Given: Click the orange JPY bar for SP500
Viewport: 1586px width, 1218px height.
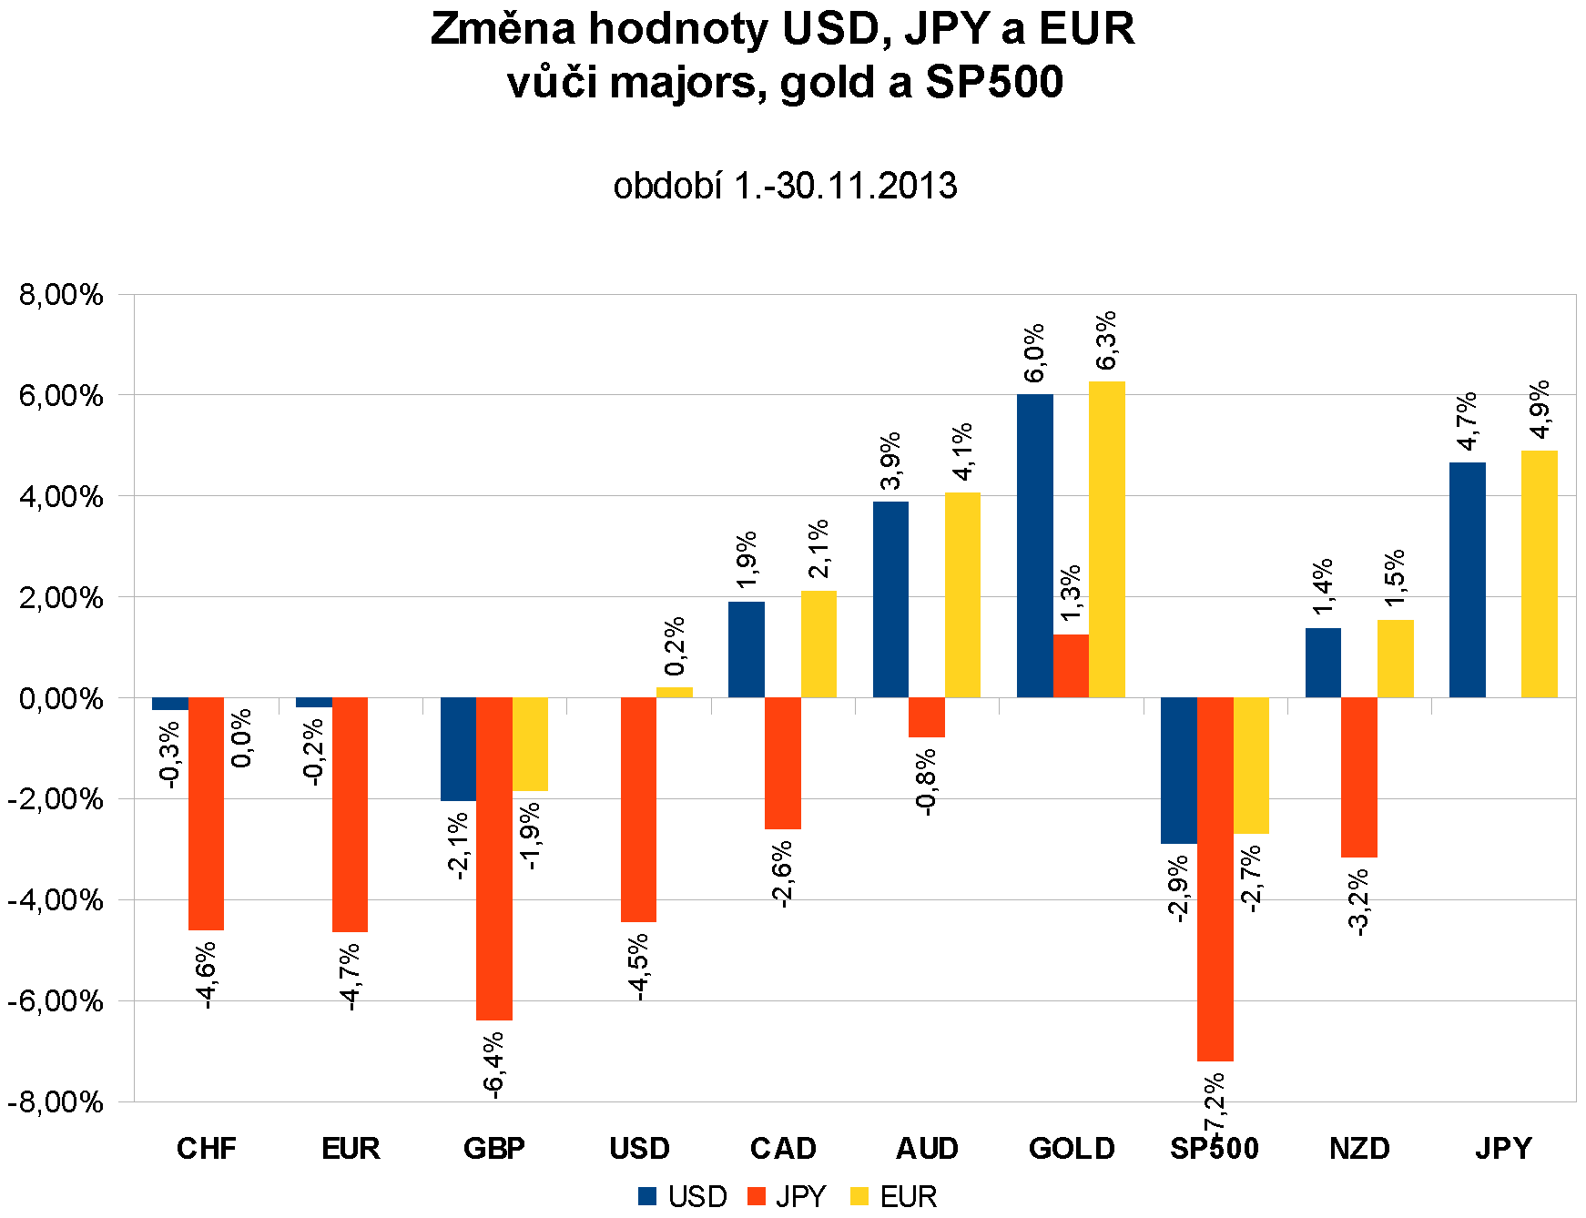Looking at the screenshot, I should (x=1215, y=878).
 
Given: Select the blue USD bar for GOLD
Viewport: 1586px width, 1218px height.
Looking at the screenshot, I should (x=1034, y=546).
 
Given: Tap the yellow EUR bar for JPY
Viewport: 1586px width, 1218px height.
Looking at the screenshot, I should (x=1539, y=573).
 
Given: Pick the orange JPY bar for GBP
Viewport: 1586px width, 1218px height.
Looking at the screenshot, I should (x=494, y=858).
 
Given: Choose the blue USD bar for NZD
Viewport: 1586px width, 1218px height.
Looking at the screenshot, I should (x=1323, y=663).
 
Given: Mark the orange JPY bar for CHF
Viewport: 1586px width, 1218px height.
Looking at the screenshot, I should (x=206, y=814).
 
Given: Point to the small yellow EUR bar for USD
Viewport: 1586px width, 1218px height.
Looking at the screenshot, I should (x=674, y=693).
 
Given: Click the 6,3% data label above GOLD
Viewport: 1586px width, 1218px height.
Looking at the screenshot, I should (x=1106, y=341).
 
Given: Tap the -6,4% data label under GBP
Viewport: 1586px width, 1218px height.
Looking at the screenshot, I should (x=494, y=1065).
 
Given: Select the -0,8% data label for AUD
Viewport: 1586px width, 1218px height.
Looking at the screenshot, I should (x=926, y=782).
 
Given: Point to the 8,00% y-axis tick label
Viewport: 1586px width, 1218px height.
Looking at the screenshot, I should (x=60, y=295).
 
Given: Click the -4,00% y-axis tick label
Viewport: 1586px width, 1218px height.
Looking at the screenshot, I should (x=56, y=900).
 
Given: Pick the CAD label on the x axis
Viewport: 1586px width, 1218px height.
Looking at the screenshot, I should (x=783, y=1149).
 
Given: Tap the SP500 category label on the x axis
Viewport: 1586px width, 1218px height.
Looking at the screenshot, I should (x=1215, y=1149).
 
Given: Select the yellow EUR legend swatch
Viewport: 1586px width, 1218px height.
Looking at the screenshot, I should (x=859, y=1196).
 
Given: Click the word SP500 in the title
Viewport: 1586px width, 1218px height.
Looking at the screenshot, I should (x=994, y=82).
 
